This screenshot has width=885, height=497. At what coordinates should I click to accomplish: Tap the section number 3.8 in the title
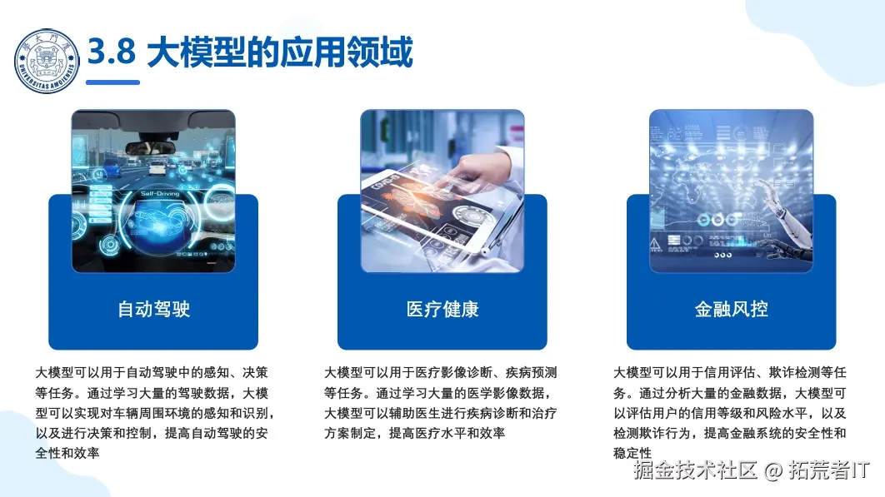click(111, 53)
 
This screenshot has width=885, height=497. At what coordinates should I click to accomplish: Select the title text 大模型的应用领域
click(279, 54)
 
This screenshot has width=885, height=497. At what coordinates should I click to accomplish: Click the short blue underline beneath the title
click(112, 82)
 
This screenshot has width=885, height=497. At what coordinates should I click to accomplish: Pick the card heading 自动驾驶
click(153, 310)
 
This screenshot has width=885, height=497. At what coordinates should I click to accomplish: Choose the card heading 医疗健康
click(442, 310)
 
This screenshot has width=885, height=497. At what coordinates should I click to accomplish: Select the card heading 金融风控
click(731, 310)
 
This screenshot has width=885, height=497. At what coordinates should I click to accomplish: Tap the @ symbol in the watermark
click(773, 472)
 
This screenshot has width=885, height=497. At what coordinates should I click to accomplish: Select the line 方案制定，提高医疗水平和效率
click(415, 433)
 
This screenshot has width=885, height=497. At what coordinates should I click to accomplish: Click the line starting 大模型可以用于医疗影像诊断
click(440, 372)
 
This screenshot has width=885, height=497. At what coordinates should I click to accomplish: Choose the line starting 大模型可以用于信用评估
click(729, 372)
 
